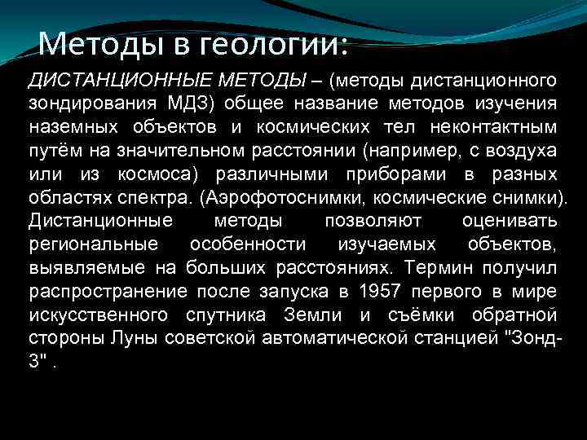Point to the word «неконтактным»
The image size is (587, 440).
494,127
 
